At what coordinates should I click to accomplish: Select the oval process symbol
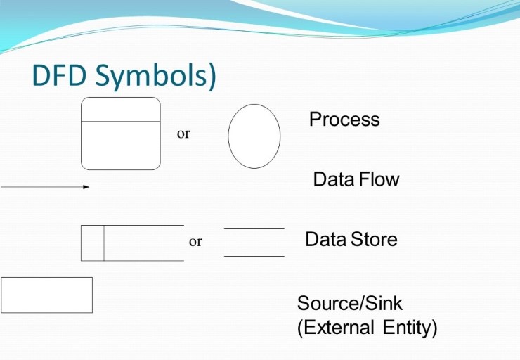click(254, 136)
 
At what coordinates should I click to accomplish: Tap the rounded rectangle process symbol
click(121, 145)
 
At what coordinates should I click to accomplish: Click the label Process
click(344, 120)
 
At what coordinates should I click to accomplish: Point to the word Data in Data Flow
click(333, 179)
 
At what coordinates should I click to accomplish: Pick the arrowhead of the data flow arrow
click(86, 187)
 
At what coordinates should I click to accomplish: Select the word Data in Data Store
click(325, 240)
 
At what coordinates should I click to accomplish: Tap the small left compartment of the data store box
click(93, 243)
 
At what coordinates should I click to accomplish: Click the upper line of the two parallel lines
click(254, 229)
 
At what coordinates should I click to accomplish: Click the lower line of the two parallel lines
click(254, 256)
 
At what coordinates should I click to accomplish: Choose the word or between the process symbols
click(183, 134)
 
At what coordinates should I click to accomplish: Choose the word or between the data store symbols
click(195, 242)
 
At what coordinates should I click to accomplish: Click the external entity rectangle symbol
click(46, 295)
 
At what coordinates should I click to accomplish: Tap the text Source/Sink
click(349, 304)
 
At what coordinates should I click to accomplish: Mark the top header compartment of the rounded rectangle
click(121, 110)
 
